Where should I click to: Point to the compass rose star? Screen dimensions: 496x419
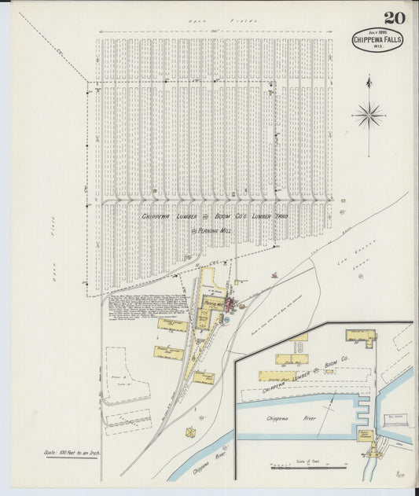(x=368, y=116)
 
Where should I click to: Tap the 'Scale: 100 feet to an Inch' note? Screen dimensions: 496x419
(x=70, y=454)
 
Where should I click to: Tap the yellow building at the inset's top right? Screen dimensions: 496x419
(x=360, y=336)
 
